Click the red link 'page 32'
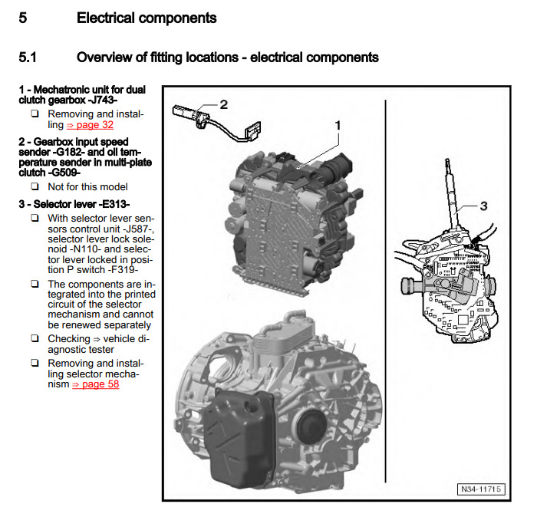pos(90,125)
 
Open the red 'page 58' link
pos(96,384)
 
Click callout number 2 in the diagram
pos(224,104)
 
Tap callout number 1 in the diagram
pos(338,126)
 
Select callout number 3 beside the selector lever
pos(483,206)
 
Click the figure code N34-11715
pos(481,489)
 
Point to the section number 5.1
pos(28,58)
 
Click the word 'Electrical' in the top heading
pos(106,18)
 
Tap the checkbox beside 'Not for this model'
pos(35,186)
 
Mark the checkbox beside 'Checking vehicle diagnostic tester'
pos(35,338)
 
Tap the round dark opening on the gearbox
pos(310,426)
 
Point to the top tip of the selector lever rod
pos(447,160)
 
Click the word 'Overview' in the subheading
pos(103,58)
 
